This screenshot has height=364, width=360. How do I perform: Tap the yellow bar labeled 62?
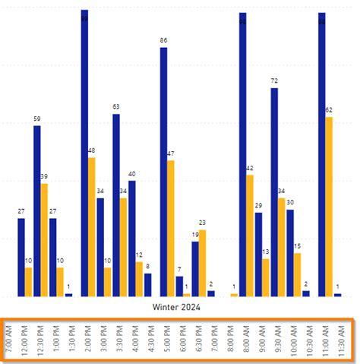click(329, 205)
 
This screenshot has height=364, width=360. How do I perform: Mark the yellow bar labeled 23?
click(203, 262)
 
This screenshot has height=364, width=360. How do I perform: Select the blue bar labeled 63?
click(116, 204)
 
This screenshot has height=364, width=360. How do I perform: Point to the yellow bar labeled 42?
click(250, 236)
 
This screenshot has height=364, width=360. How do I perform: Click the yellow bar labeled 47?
click(171, 228)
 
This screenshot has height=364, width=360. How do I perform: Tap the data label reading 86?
click(163, 40)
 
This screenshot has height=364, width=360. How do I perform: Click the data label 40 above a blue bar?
click(132, 175)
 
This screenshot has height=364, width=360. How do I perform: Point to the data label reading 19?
click(195, 235)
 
